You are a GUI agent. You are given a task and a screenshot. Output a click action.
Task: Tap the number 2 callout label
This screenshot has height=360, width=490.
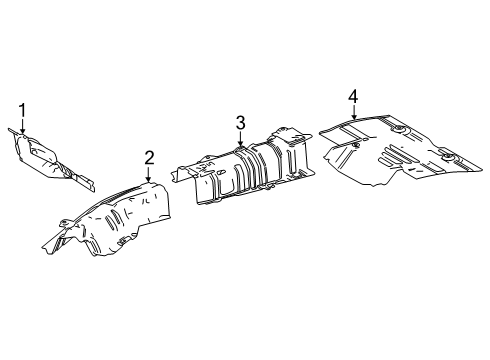149,156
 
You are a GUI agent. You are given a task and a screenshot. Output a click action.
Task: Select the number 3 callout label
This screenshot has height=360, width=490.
240,122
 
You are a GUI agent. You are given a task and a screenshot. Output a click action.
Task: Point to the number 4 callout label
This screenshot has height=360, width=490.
352,96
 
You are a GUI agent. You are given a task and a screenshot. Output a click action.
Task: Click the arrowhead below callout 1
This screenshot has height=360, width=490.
22,131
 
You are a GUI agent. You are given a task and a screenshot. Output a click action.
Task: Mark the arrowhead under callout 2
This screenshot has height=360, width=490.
149,178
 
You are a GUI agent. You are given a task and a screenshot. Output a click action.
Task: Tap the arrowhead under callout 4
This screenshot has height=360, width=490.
352,119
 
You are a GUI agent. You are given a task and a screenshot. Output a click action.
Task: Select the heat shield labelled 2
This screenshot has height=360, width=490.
115,215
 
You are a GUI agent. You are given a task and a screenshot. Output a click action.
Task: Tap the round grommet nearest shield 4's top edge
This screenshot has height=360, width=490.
397,132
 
